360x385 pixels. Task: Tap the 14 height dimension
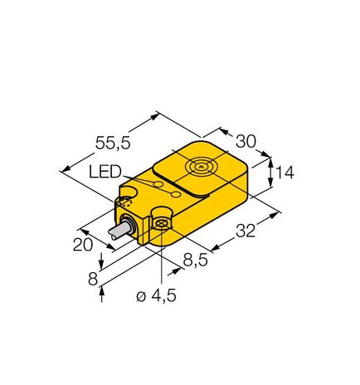click(x=285, y=173)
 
